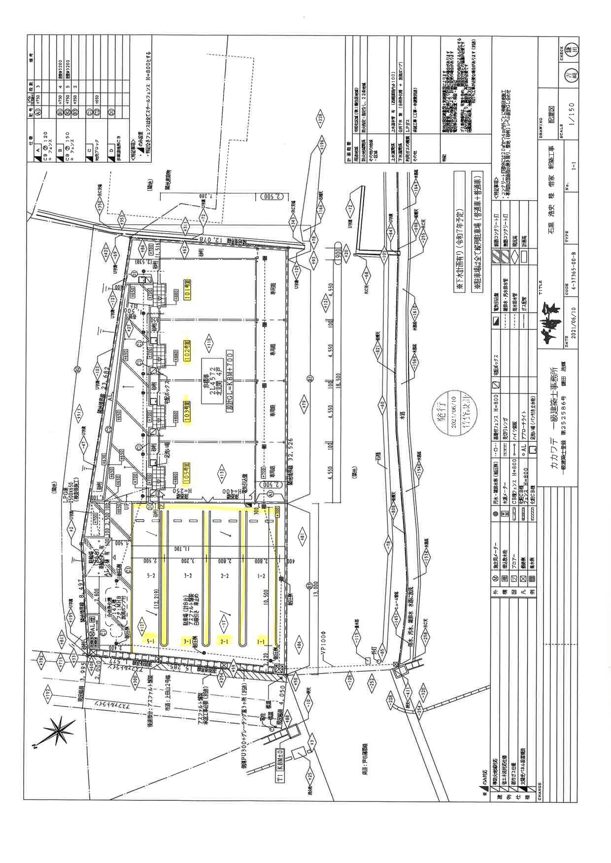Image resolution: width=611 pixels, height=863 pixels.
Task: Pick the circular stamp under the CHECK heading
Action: click(573, 75)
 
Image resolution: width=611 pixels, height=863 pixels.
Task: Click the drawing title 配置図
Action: click(550, 117)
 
